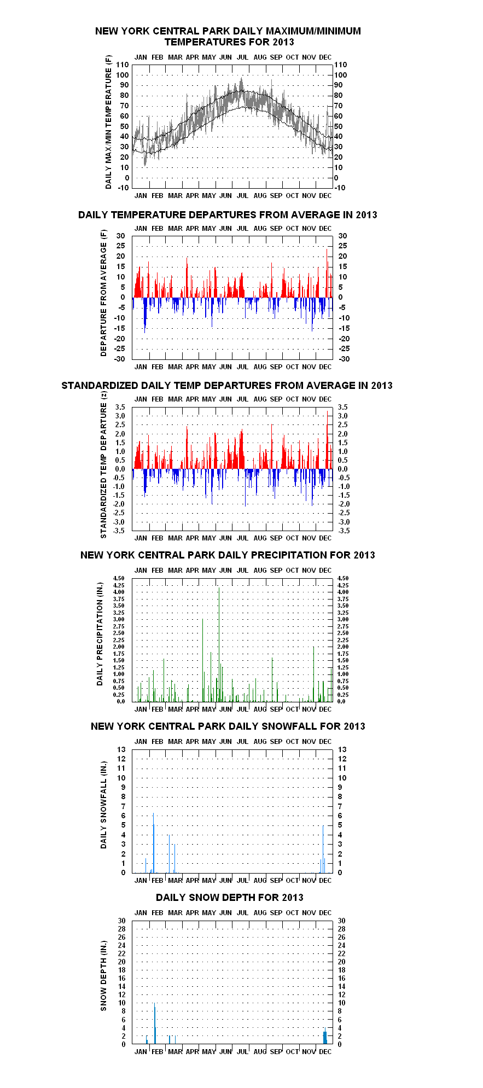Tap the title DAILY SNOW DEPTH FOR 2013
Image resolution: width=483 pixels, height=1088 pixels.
coord(230,897)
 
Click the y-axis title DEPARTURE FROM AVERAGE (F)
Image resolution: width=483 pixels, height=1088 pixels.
coord(103,293)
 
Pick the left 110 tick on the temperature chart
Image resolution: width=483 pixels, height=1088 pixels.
coord(123,65)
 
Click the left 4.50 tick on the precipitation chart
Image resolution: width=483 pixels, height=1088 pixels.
coord(119,578)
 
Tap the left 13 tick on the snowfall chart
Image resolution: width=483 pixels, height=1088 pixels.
coord(121,749)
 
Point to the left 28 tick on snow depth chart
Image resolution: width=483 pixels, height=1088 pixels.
coord(121,929)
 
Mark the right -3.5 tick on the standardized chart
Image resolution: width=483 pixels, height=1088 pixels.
coord(342,531)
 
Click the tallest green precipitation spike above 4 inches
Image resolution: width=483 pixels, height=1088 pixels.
coord(219,644)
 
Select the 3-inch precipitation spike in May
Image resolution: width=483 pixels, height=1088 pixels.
coord(203,660)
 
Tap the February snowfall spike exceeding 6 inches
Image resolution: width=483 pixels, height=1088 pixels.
coord(154,842)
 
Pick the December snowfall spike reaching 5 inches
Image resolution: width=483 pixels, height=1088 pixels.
coord(323,849)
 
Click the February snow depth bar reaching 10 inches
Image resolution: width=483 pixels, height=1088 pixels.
coord(155,1023)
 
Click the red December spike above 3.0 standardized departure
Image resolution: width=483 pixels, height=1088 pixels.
coord(327,440)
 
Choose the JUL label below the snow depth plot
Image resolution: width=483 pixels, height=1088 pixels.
coord(242,1051)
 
